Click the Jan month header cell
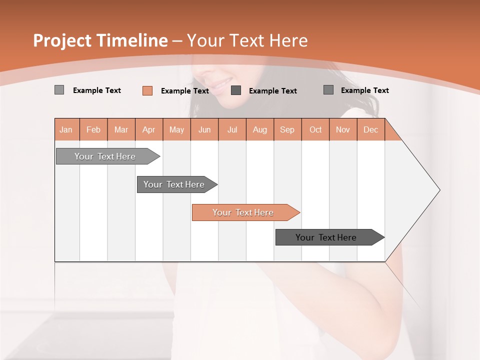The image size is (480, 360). pyautogui.click(x=66, y=129)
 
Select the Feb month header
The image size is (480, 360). pyautogui.click(x=93, y=129)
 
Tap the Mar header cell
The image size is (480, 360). pyautogui.click(x=121, y=129)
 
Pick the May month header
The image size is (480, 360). pyautogui.click(x=176, y=129)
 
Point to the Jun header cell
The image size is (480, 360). pyautogui.click(x=204, y=129)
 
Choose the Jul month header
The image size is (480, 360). pyautogui.click(x=232, y=129)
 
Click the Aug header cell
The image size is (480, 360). pyautogui.click(x=259, y=129)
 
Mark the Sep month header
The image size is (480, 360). pyautogui.click(x=287, y=129)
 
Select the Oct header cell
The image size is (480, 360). pyautogui.click(x=315, y=129)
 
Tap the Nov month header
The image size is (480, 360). pyautogui.click(x=343, y=129)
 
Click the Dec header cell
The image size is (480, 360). pyautogui.click(x=370, y=129)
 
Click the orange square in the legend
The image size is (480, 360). pyautogui.click(x=147, y=90)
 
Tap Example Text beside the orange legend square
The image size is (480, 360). pyautogui.click(x=184, y=91)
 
